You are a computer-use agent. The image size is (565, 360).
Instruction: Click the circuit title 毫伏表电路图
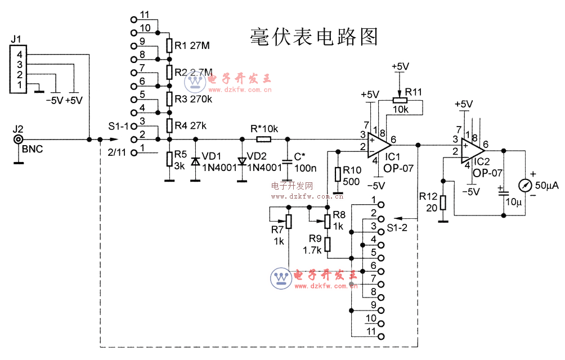(x=313, y=37)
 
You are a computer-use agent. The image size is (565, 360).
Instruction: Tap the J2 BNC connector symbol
(x=19, y=139)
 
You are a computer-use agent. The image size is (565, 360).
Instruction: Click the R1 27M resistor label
(x=192, y=46)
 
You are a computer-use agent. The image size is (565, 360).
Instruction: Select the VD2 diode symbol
(x=243, y=161)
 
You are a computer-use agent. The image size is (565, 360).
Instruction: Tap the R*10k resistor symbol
(x=263, y=139)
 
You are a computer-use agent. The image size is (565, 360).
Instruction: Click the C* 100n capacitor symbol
(x=288, y=161)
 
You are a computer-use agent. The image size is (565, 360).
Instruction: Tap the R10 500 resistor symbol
(x=338, y=174)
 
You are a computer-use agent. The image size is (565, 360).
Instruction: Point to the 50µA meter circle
(x=524, y=185)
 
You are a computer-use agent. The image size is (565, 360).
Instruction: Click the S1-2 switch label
(x=397, y=228)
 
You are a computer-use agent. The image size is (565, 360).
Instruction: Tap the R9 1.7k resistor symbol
(x=328, y=244)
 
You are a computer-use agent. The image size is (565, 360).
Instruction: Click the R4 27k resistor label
(x=191, y=125)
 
